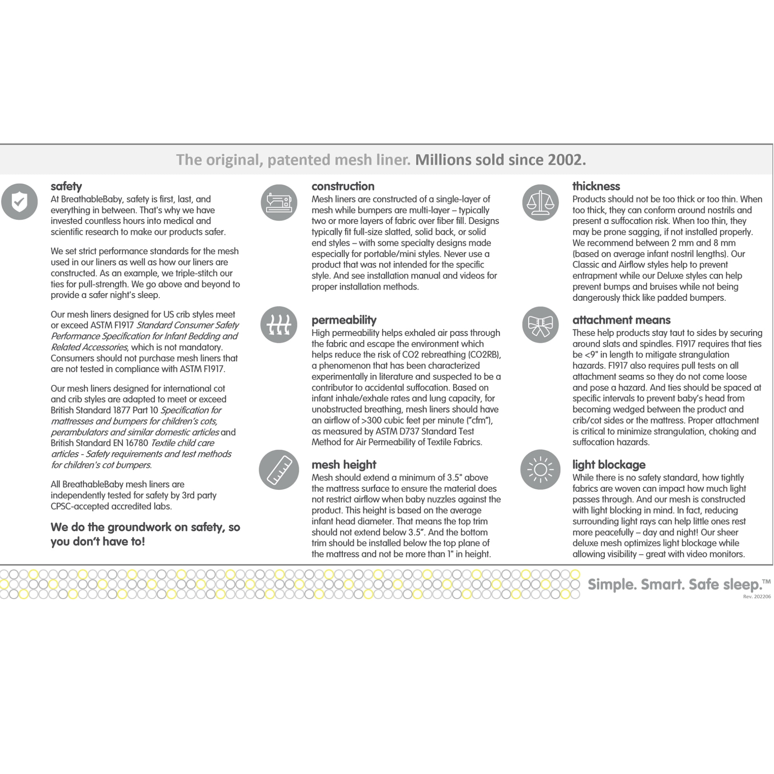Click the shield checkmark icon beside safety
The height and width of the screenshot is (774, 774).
[19, 202]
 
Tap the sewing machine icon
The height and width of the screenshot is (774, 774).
[279, 202]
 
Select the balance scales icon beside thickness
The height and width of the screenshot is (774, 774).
[540, 202]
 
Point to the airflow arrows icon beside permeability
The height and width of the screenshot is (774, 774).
[279, 325]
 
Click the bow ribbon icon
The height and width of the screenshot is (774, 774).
[540, 325]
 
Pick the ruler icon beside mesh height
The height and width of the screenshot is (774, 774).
[279, 469]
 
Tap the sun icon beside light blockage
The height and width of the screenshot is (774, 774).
[540, 469]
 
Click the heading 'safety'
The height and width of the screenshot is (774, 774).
[66, 186]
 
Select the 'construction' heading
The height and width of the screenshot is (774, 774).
[343, 186]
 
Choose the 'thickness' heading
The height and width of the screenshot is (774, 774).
[596, 186]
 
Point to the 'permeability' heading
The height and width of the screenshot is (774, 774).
[344, 320]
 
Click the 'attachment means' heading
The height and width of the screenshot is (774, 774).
[621, 320]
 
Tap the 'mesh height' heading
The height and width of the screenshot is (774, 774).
[344, 465]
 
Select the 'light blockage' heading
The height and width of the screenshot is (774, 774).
[608, 465]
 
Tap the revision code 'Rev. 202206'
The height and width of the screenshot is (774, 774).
[756, 596]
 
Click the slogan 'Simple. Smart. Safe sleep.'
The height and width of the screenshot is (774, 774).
[675, 584]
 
